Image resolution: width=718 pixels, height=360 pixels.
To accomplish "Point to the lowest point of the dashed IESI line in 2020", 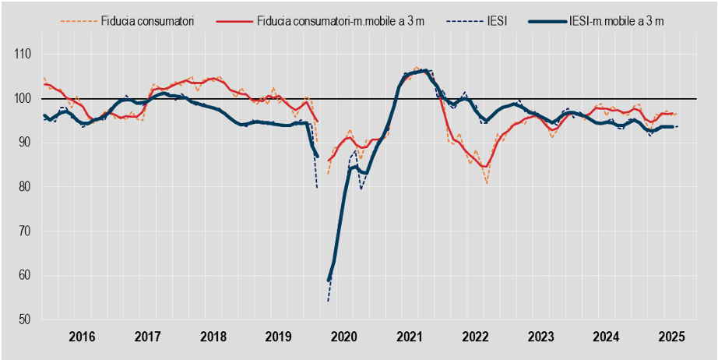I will (x=328, y=302).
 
